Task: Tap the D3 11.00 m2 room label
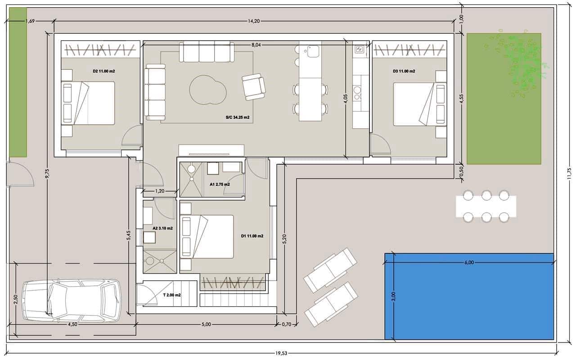tap(404, 71)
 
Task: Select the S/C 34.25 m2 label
tap(238, 118)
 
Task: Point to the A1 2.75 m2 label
tap(220, 184)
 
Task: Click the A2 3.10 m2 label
tap(162, 229)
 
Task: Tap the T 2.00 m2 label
tap(171, 295)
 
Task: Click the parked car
tap(72, 301)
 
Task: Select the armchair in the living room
tap(253, 86)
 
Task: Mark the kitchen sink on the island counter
tap(310, 51)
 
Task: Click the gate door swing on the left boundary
tap(20, 174)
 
